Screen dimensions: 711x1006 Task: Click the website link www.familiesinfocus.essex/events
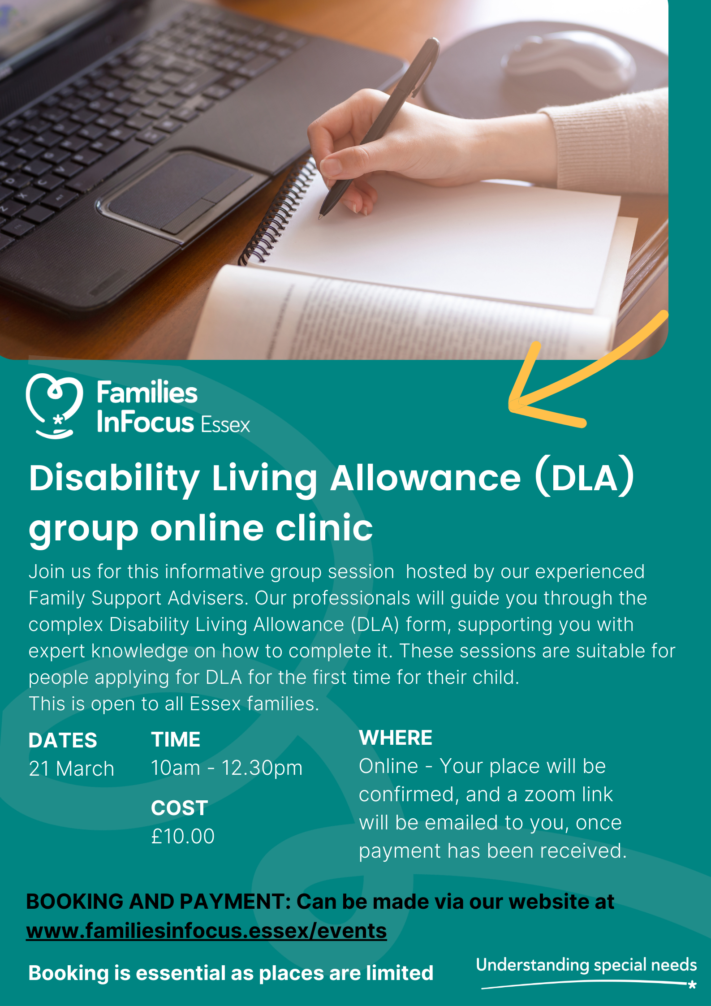point(207,931)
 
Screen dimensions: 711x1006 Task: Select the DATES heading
point(63,741)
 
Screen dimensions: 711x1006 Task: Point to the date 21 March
point(72,769)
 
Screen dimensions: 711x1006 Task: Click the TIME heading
point(176,740)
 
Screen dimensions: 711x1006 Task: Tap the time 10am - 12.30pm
point(227,768)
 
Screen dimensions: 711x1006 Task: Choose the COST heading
point(179,808)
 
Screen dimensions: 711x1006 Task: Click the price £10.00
point(183,837)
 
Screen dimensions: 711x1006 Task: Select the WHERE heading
point(396,738)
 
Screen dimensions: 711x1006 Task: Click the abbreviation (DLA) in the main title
point(585,478)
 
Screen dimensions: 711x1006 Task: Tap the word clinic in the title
point(324,528)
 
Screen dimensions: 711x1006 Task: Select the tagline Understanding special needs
point(586,965)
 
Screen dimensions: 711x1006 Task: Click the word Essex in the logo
point(225,424)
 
